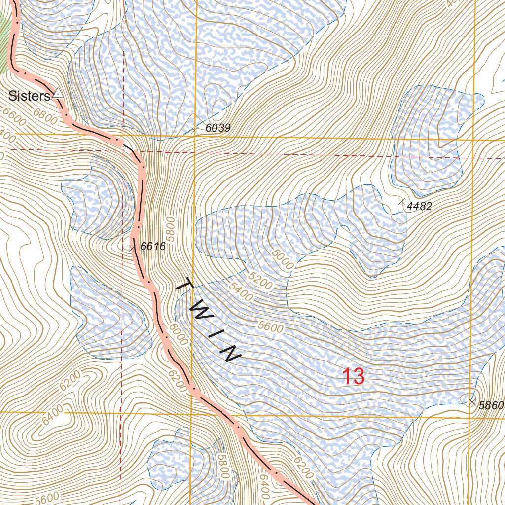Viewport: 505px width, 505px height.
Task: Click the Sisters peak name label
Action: coord(29,96)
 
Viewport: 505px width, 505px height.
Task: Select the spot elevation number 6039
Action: coord(218,128)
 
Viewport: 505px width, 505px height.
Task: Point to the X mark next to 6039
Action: coord(194,131)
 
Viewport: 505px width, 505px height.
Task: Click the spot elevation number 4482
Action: coord(419,207)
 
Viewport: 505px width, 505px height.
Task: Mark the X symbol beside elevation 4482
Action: coord(401,201)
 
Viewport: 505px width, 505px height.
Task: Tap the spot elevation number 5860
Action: coord(491,406)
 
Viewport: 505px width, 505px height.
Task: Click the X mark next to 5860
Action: coord(472,402)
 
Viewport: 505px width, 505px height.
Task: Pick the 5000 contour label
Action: coord(283,258)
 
